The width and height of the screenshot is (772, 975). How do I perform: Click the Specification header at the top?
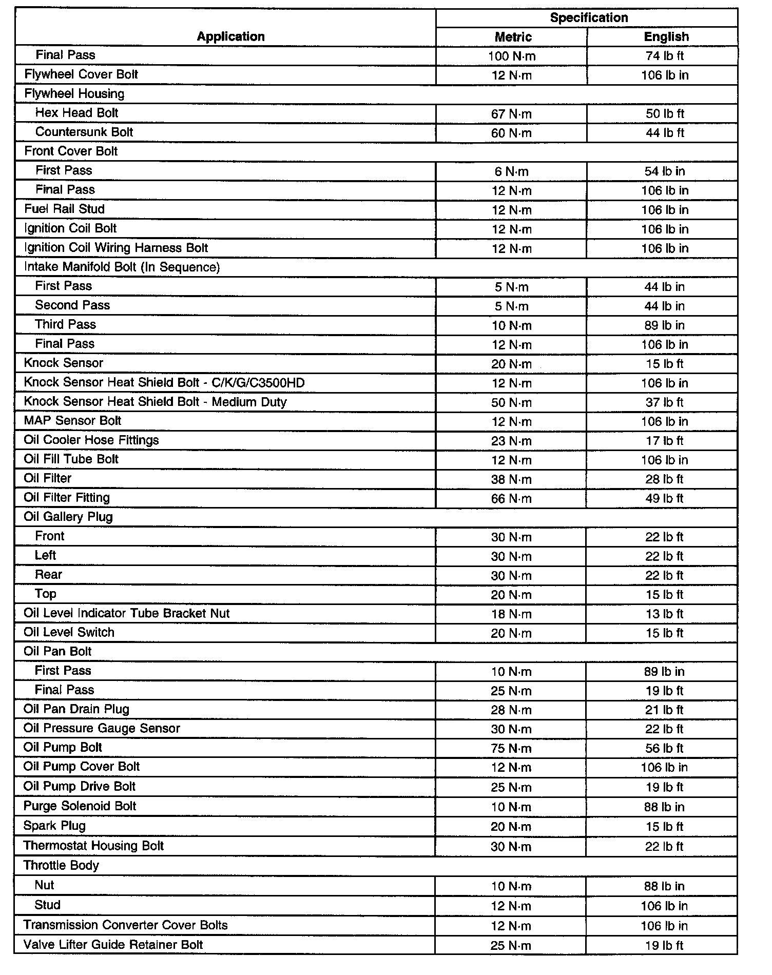[x=589, y=17]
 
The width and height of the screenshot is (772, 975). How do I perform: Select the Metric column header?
[x=513, y=37]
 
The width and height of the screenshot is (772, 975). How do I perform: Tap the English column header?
[x=666, y=37]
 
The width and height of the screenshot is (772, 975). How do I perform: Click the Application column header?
[x=230, y=36]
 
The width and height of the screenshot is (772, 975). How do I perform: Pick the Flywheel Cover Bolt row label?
[x=81, y=74]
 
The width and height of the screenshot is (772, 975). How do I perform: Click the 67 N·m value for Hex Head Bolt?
[x=511, y=113]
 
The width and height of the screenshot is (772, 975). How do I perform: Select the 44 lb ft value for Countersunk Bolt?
[x=665, y=133]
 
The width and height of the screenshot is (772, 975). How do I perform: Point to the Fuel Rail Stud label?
[x=64, y=209]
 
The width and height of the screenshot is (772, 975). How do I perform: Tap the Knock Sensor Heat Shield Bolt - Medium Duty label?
[x=155, y=402]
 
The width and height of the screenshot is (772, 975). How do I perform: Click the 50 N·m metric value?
[x=511, y=402]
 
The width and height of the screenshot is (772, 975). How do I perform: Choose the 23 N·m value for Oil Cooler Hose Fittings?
[x=511, y=441]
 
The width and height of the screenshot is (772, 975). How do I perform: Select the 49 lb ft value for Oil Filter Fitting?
[x=665, y=498]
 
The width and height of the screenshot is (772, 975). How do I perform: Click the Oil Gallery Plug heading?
[x=68, y=517]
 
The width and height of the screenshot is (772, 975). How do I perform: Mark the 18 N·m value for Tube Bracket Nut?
[x=511, y=614]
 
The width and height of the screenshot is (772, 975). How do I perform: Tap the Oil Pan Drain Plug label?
[x=77, y=709]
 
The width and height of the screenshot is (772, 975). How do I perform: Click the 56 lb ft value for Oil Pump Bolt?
[x=665, y=748]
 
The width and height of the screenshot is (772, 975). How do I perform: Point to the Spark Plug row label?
[x=54, y=826]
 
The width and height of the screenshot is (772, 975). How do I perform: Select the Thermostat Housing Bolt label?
[x=93, y=846]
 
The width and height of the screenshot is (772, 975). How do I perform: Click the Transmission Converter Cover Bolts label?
[x=125, y=925]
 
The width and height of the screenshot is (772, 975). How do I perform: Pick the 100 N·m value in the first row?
[x=511, y=56]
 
